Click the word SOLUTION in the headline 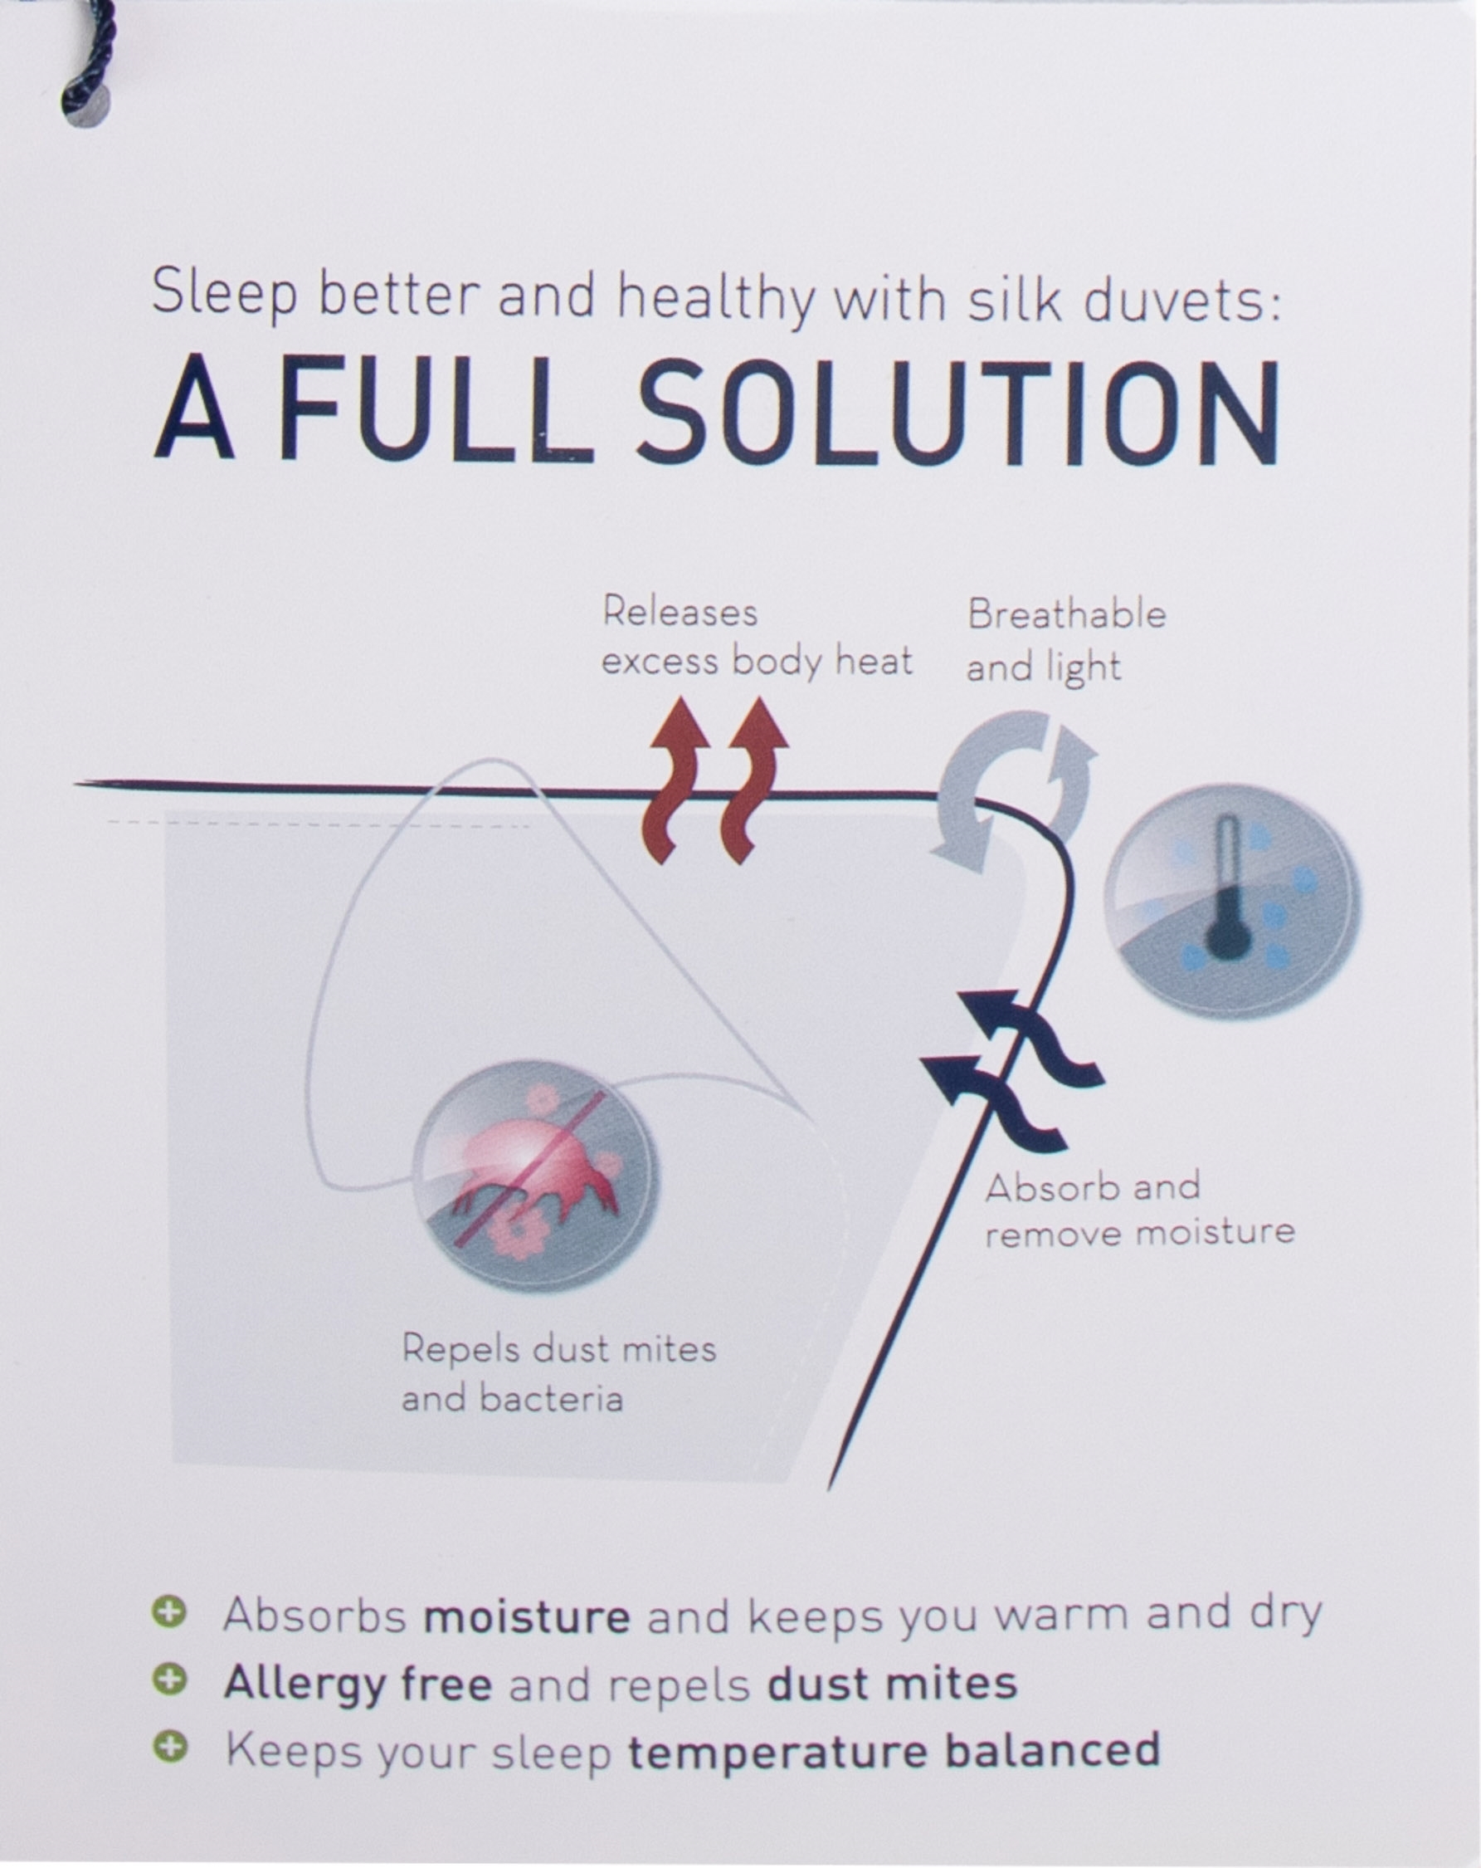click(x=959, y=411)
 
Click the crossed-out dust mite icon click(x=534, y=1175)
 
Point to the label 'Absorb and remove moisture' click(x=1139, y=1210)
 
